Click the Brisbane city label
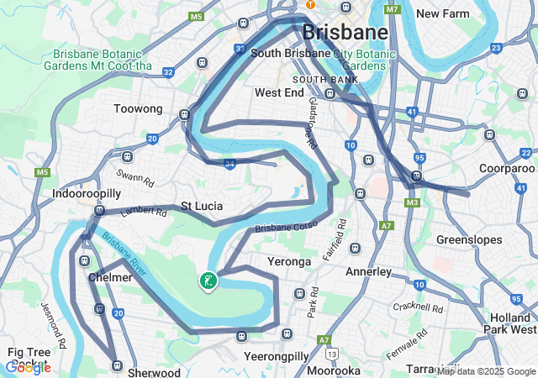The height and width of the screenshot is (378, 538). [x=345, y=33]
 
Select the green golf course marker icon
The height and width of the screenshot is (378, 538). [x=207, y=281]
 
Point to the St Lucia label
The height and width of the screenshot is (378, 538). [x=202, y=206]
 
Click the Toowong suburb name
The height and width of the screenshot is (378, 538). [x=138, y=108]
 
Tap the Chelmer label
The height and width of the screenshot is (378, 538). [x=109, y=277]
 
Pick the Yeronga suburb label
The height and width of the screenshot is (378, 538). [x=289, y=261]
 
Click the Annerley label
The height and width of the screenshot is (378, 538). [x=368, y=272]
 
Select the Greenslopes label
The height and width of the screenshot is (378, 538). [x=469, y=240]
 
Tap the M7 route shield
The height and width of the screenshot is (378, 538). [x=392, y=9]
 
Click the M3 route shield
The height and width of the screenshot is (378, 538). [x=411, y=202]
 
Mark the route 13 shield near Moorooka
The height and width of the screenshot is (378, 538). [x=334, y=354]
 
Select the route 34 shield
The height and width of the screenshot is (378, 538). [x=229, y=165]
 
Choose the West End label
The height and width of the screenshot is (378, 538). [x=278, y=92]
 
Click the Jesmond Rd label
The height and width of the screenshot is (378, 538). [x=52, y=325]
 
